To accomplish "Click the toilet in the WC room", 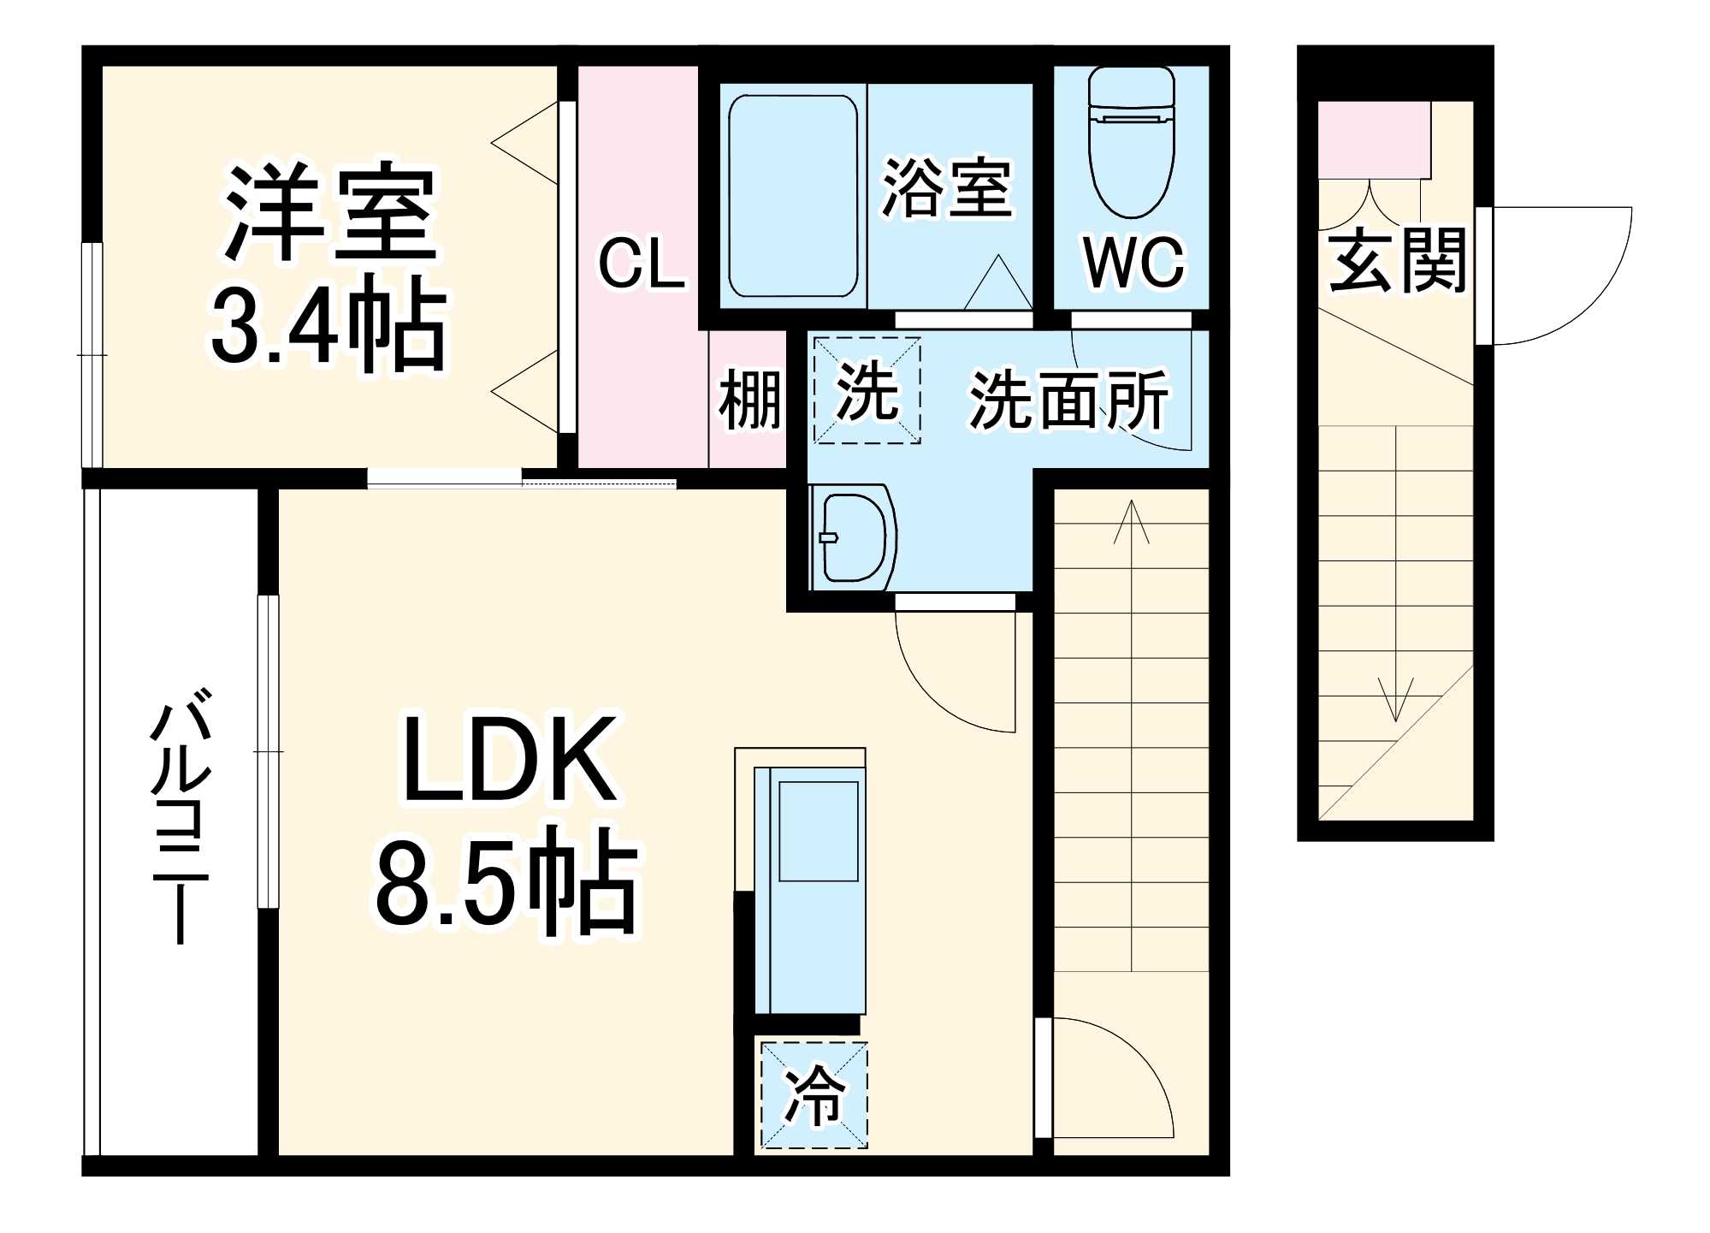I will coord(1131,145).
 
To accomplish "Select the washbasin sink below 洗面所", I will coord(852,537).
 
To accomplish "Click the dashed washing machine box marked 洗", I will coord(867,391).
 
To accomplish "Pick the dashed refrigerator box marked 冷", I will coord(814,1095).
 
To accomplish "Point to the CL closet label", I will coord(641,264).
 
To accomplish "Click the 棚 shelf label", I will coord(749,400).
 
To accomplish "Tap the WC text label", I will coord(1133,263).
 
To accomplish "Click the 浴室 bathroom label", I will coord(946,188).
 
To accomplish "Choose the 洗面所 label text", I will coord(1068,400).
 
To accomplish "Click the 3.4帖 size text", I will coord(328,325).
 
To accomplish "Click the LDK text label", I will coord(509,760).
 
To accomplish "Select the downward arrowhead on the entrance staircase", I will coord(1396,702).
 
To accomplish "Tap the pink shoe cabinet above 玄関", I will coord(1374,139).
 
